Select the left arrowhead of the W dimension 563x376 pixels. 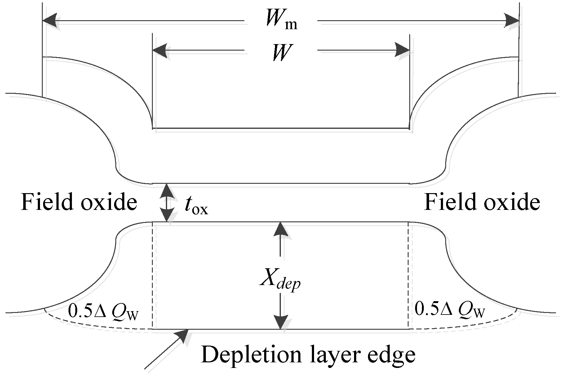click(160, 50)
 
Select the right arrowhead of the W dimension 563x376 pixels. click(402, 50)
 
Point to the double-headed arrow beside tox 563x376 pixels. click(167, 202)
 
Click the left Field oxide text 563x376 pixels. click(79, 202)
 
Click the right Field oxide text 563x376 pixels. click(482, 202)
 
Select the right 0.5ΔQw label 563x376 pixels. click(449, 311)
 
